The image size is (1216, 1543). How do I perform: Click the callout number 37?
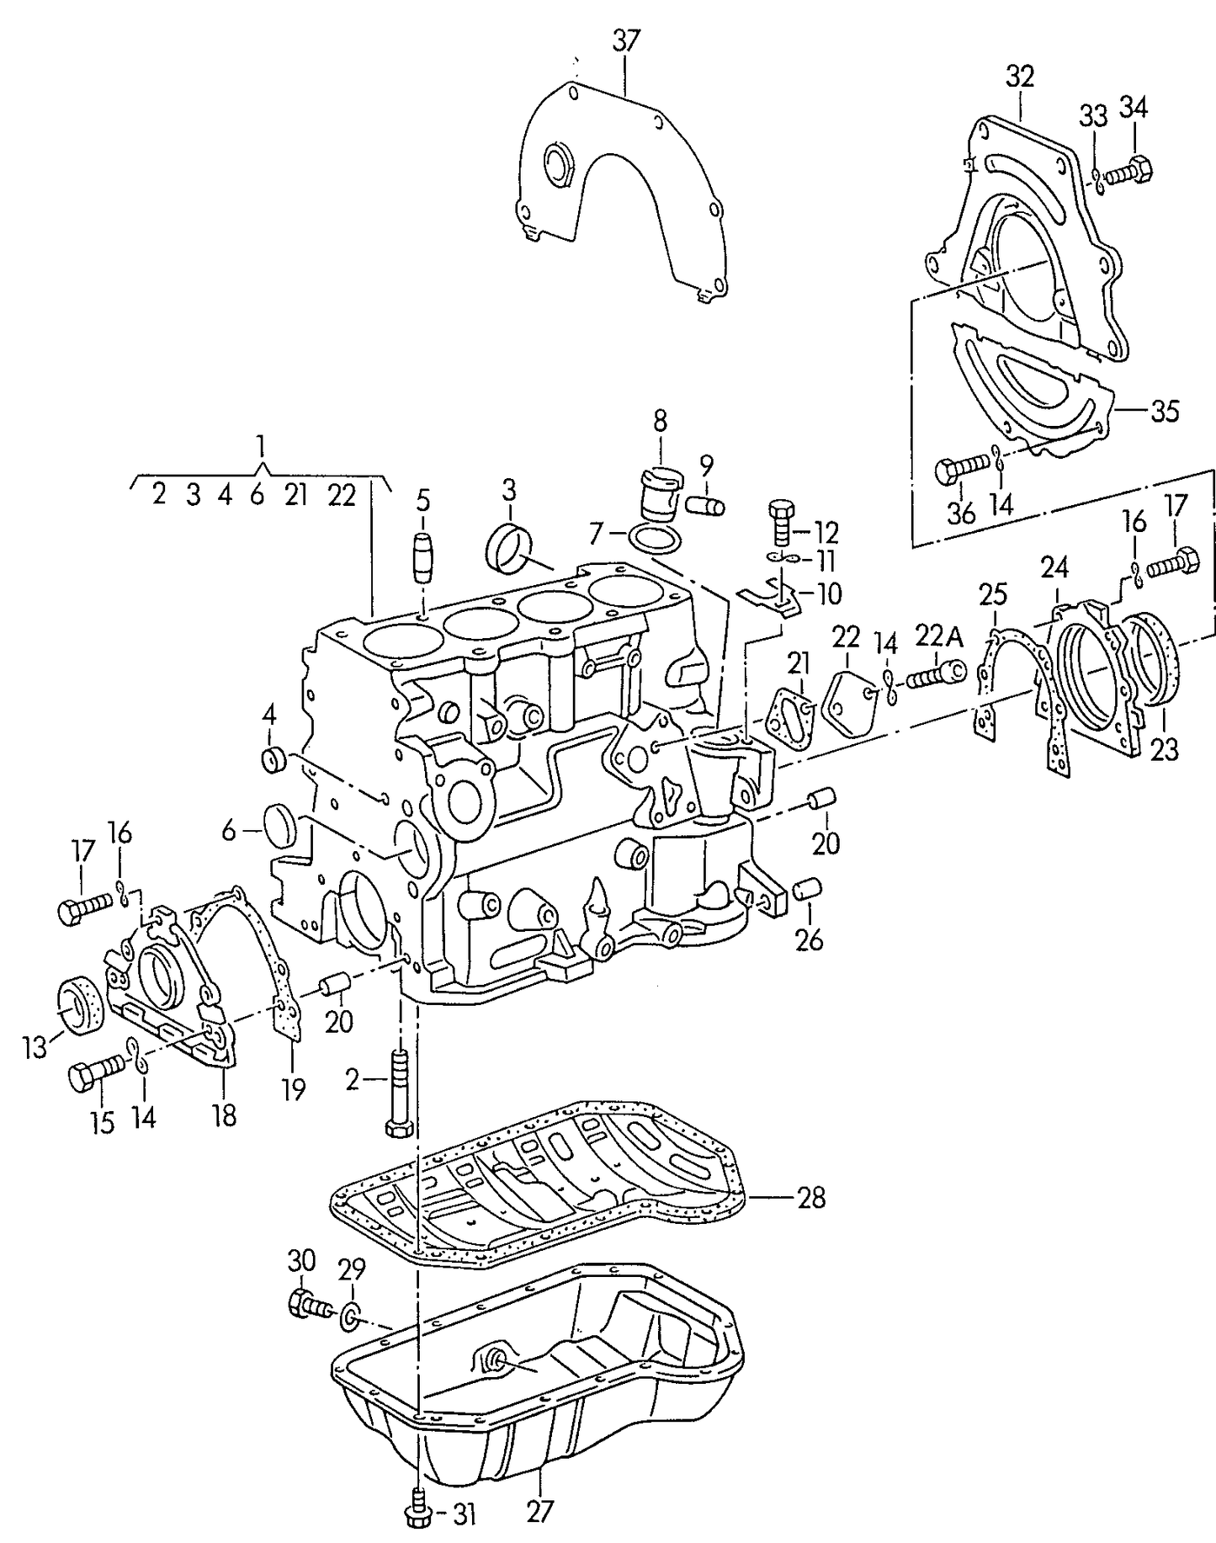[625, 40]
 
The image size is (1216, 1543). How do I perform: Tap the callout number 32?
[1019, 77]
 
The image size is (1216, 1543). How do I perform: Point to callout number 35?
[1165, 411]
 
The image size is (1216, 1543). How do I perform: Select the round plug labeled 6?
[281, 824]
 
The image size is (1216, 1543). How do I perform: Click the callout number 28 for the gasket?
[810, 1198]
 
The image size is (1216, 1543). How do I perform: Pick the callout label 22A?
[939, 638]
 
